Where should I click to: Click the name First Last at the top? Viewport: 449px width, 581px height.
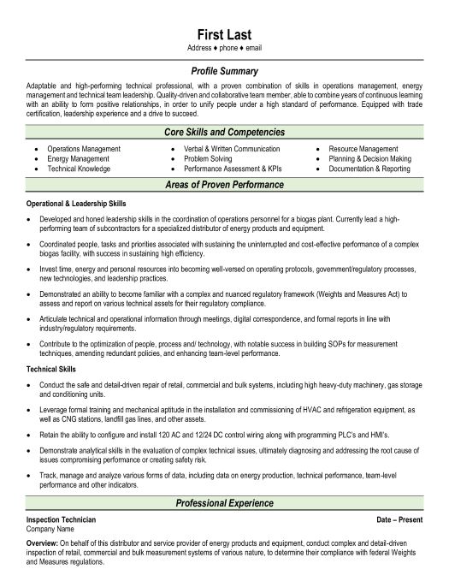coord(223,33)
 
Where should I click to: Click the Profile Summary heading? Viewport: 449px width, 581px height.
coord(223,71)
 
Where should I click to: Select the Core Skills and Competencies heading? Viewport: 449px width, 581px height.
coord(223,133)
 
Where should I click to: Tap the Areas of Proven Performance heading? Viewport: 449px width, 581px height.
coord(223,185)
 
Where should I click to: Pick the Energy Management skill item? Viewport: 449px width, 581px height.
coord(79,158)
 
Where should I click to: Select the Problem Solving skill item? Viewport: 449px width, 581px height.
coord(209,158)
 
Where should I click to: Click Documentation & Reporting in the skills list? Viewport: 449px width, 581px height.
coord(369,169)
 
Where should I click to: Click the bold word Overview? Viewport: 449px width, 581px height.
coord(41,542)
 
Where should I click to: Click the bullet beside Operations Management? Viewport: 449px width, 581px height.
coord(36,149)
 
